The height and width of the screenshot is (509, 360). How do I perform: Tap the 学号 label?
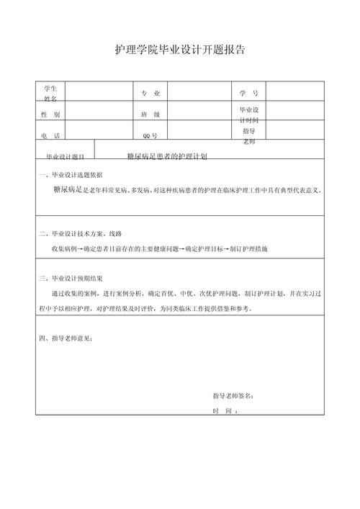(249, 94)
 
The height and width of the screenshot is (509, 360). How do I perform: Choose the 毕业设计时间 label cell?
(249, 115)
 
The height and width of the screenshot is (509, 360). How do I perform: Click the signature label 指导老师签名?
(233, 395)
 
